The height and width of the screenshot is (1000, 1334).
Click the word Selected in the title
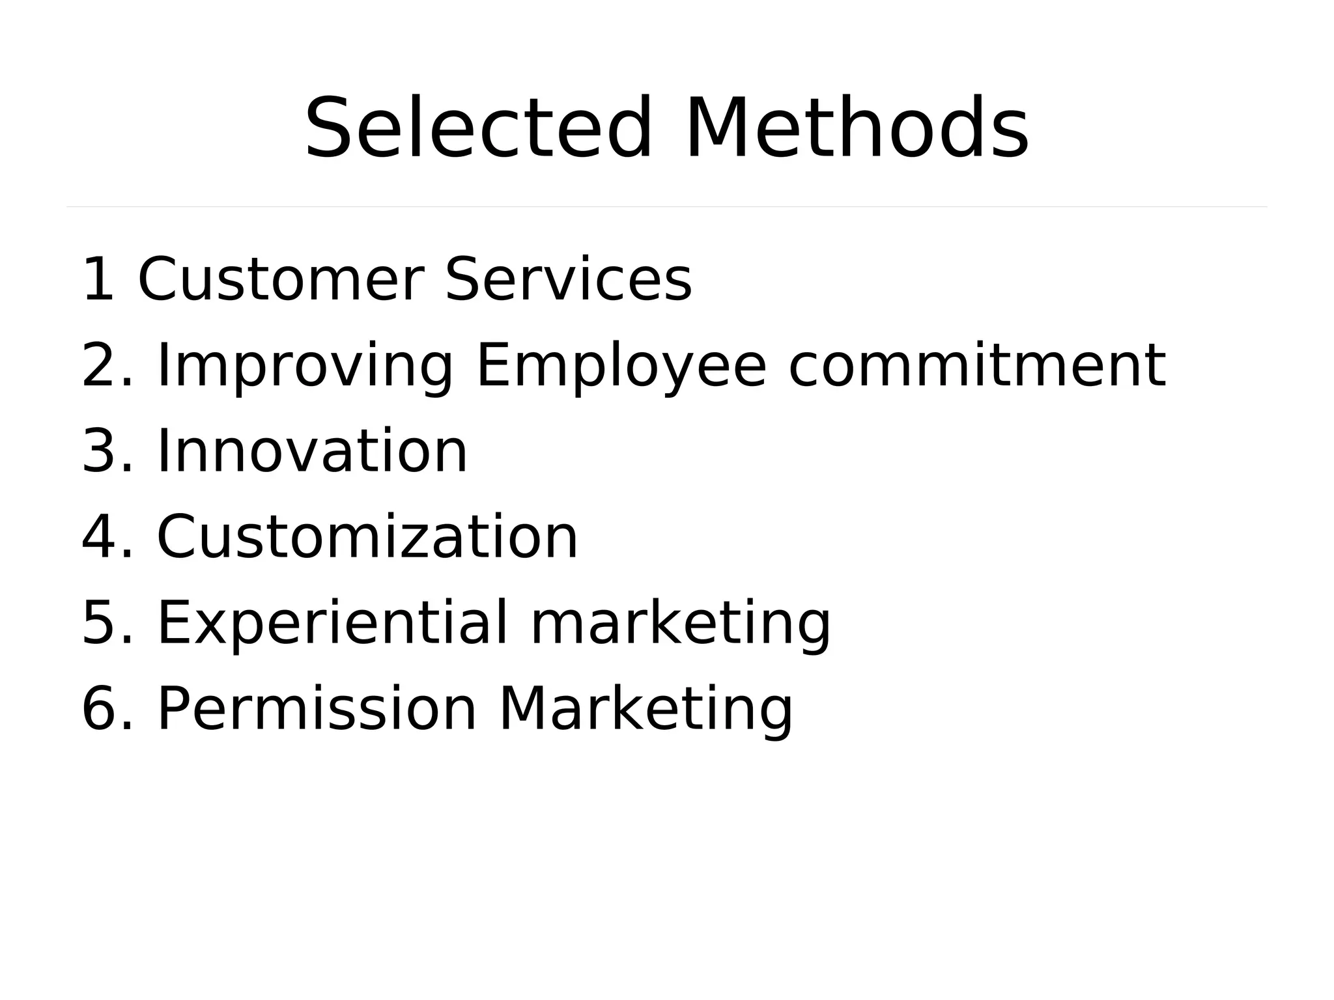[x=477, y=128]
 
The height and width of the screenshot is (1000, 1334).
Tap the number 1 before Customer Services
[x=98, y=280]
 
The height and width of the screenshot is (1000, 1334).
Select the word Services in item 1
[x=568, y=280]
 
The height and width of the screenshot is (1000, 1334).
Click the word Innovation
[x=312, y=452]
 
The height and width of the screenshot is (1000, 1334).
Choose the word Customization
[x=367, y=538]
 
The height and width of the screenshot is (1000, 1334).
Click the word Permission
[x=317, y=710]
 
